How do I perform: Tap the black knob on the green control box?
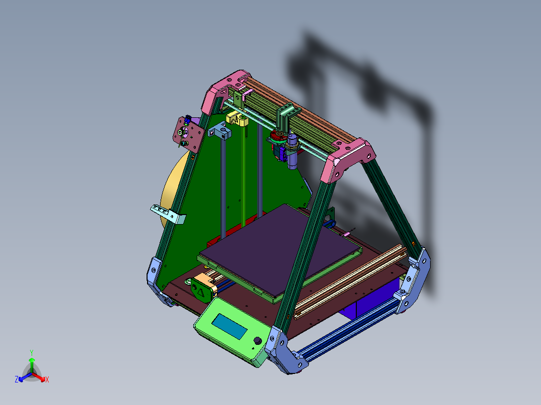coord(258,341)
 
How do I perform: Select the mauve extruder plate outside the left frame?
coord(188,132)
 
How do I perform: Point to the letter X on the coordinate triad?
coord(47,379)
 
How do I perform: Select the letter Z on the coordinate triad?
coord(17,379)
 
